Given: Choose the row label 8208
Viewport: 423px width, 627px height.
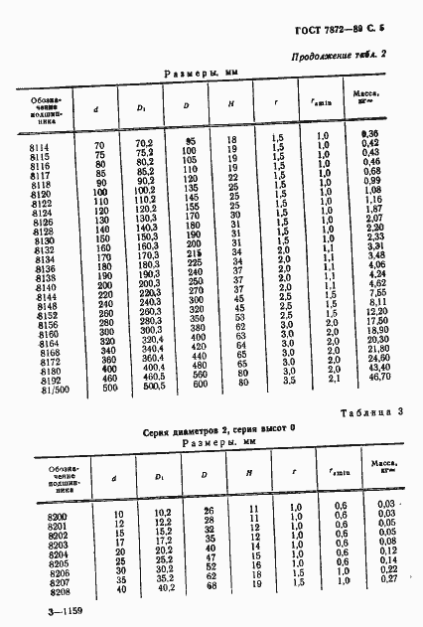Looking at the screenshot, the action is coord(44,588).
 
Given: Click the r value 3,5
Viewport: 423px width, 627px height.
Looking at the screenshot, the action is coord(287,380).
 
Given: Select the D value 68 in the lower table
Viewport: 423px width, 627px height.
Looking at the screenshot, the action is coord(210,586).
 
